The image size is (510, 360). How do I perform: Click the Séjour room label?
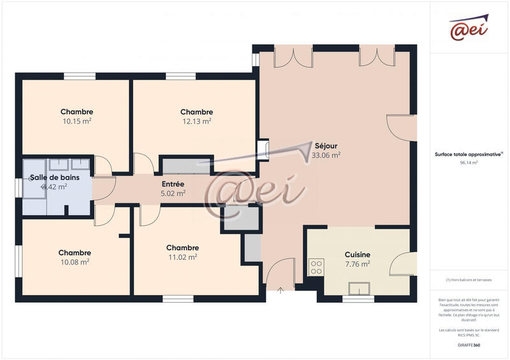tap(326, 145)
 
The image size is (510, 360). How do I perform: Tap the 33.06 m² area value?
tap(326, 155)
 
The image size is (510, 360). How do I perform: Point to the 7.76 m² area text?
tap(357, 263)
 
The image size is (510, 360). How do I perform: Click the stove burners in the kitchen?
tap(316, 268)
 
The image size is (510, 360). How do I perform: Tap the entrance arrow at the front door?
tap(281, 290)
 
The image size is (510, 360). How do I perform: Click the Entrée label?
tap(173, 184)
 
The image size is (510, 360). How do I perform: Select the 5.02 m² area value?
tap(173, 193)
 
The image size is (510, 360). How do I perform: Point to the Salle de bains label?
tap(55, 177)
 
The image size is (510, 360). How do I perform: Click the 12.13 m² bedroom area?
tap(196, 121)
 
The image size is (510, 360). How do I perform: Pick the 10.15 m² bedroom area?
tap(77, 121)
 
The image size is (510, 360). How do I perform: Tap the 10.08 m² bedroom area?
tap(75, 262)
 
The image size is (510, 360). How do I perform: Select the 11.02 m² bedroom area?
tap(182, 257)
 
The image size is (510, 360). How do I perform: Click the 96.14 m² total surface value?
tap(469, 162)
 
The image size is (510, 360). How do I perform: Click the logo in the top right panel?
tap(469, 28)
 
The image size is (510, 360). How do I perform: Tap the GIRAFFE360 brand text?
tap(469, 345)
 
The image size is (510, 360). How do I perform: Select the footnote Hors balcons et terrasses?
tap(469, 280)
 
